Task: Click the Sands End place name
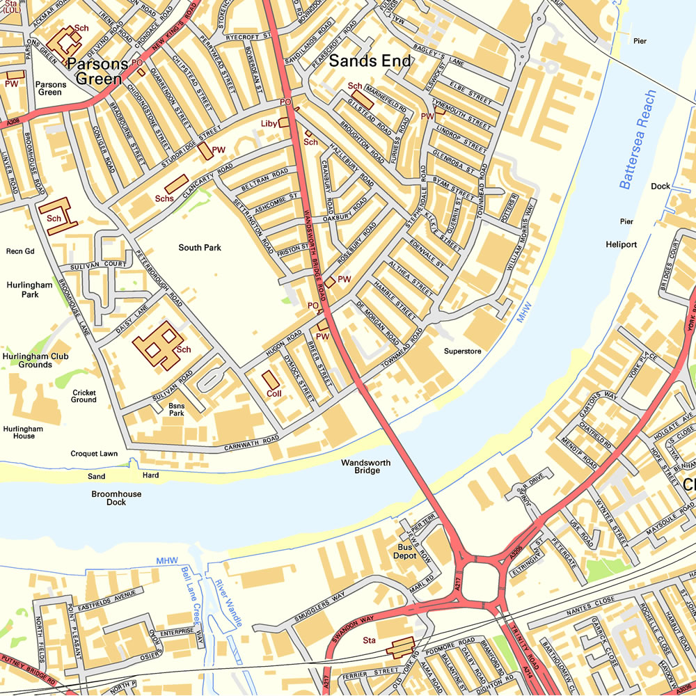[370, 61]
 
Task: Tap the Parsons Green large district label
[102, 71]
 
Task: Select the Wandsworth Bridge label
[367, 466]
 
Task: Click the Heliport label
[621, 245]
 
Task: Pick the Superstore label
[463, 351]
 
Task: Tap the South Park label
[199, 248]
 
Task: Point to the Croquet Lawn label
[94, 454]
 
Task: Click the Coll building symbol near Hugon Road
[269, 380]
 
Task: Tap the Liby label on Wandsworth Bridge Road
[269, 123]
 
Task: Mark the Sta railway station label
[369, 640]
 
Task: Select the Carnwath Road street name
[251, 443]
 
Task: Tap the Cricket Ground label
[84, 396]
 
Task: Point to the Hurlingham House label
[23, 432]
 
